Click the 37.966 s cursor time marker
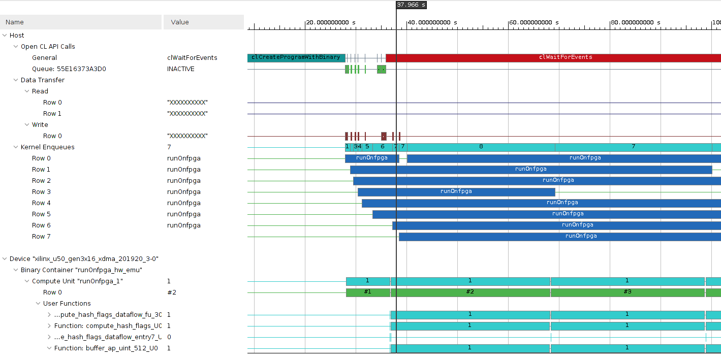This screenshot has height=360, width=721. tap(411, 5)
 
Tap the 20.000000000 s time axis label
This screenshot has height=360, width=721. tap(331, 23)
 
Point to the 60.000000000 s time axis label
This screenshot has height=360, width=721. tap(534, 23)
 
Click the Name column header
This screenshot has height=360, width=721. tap(15, 22)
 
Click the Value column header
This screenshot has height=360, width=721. tap(180, 22)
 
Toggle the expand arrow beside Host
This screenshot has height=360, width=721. tap(5, 36)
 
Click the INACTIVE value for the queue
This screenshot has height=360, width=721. tap(181, 69)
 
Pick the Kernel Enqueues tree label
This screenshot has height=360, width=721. tap(47, 147)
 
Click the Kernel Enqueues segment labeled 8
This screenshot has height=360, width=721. tap(481, 147)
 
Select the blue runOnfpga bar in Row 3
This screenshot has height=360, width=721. tap(456, 192)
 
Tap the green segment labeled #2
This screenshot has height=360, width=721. tap(470, 292)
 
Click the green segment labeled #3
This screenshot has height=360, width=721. tap(627, 292)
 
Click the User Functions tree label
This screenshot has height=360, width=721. tap(67, 304)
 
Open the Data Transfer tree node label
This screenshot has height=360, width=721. tap(42, 80)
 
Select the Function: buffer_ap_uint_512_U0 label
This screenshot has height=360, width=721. tap(106, 348)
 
